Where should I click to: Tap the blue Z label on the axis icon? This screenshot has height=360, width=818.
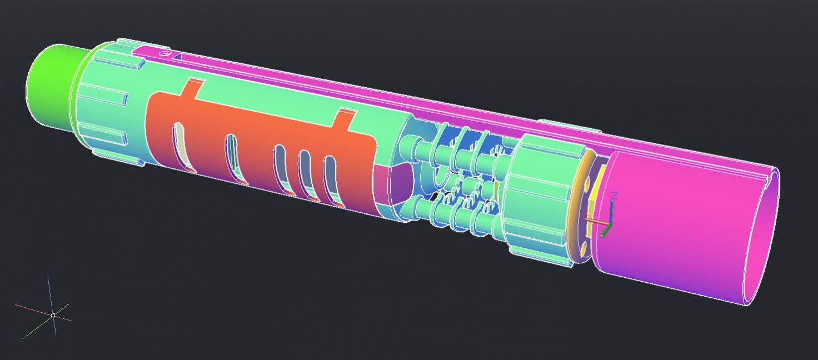click(614, 196)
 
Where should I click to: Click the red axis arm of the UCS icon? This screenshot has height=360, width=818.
click(596, 221)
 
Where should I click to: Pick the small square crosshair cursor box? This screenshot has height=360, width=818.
click(53, 315)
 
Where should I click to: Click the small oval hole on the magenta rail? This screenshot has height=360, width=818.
click(164, 54)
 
